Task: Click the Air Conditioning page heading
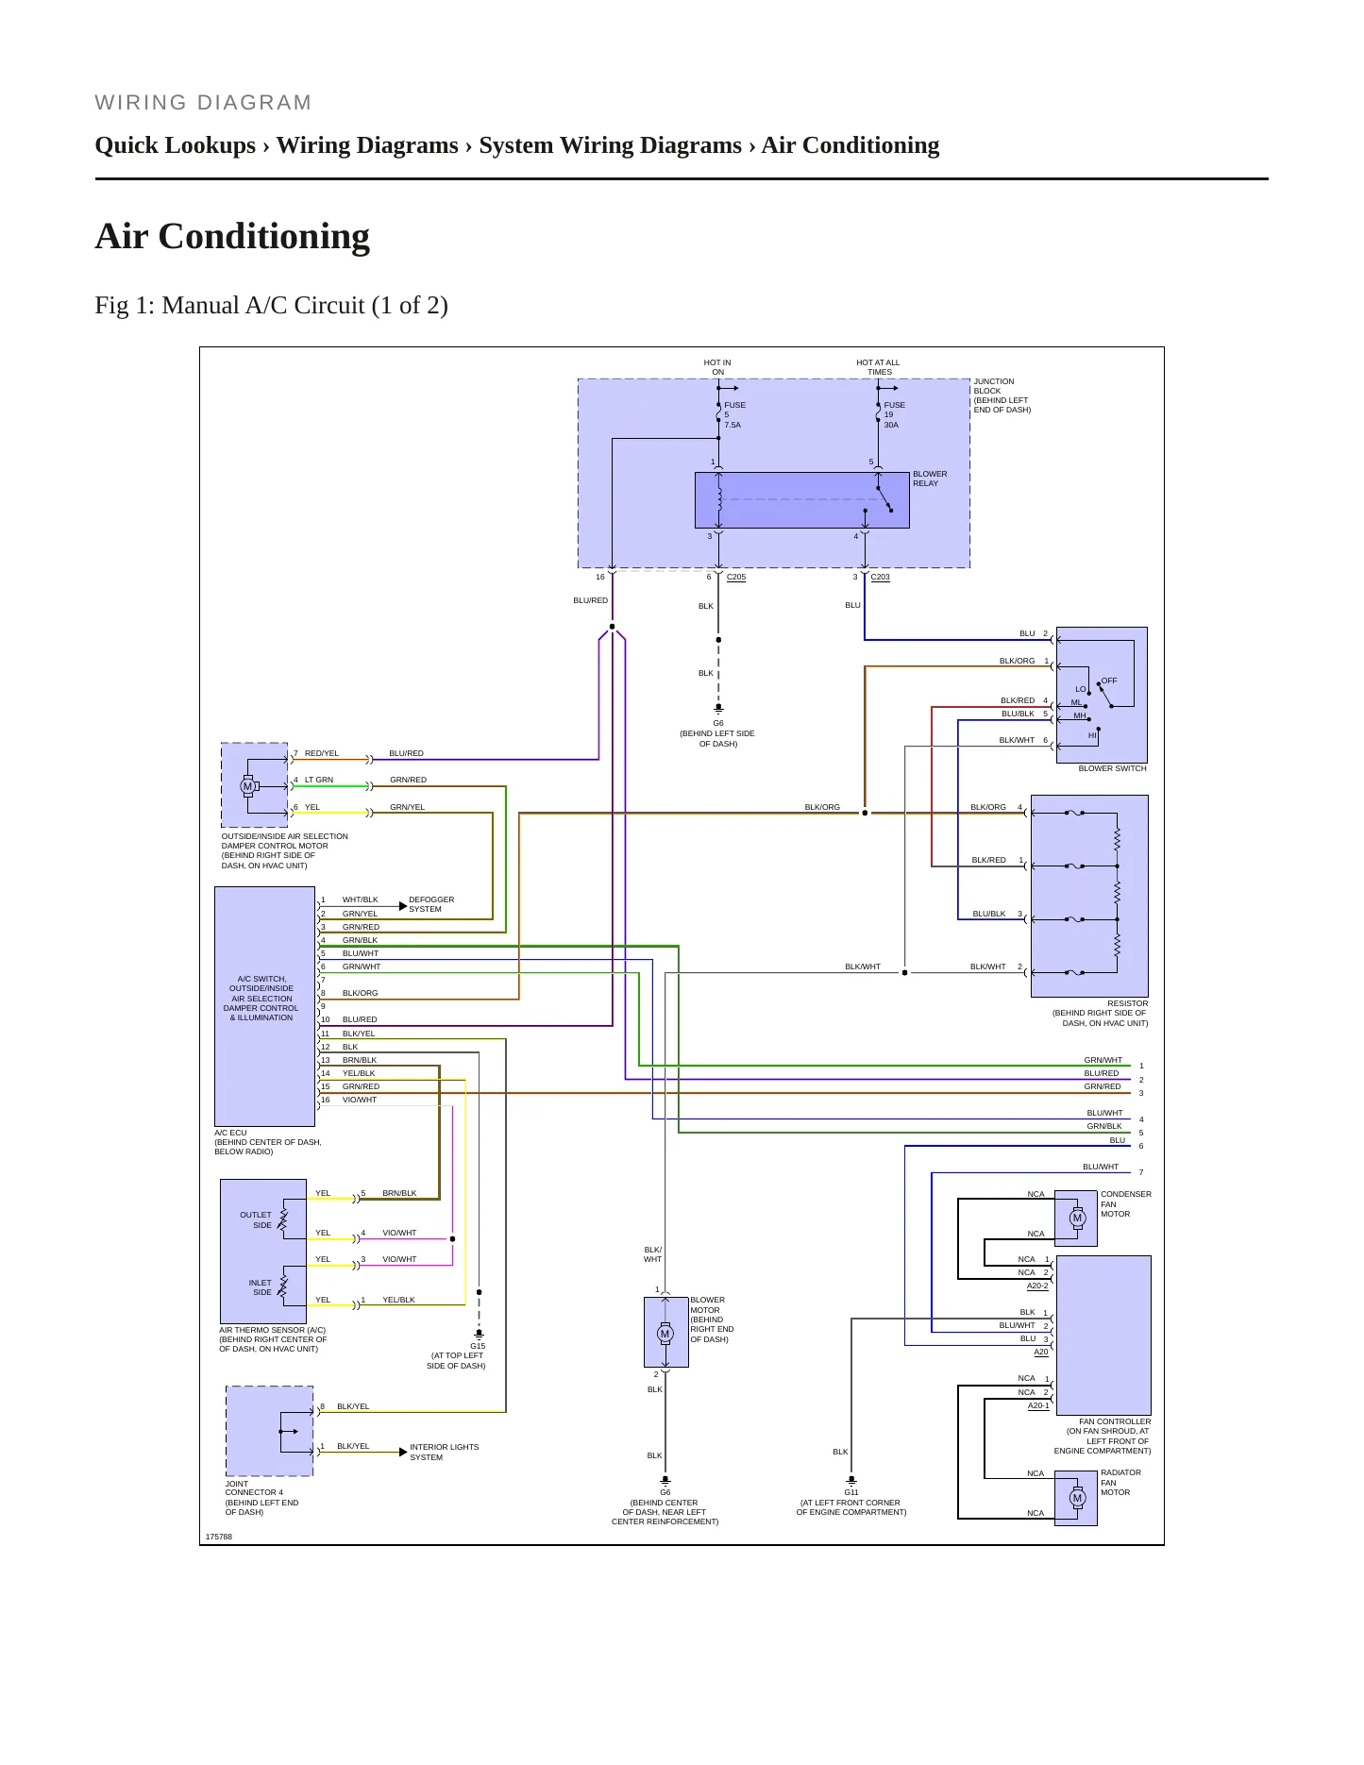[x=232, y=236]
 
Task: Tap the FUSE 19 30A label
[x=894, y=415]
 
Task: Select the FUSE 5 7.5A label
[x=734, y=415]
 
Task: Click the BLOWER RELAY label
[x=930, y=479]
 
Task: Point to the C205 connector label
[x=736, y=577]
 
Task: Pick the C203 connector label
[x=880, y=577]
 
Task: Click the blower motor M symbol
[x=665, y=1334]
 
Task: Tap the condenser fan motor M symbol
[x=1077, y=1218]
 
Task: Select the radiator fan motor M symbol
[x=1077, y=1498]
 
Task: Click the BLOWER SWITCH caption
[x=1113, y=768]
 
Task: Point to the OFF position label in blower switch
[x=1109, y=681]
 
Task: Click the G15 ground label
[x=478, y=1346]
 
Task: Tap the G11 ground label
[x=851, y=1492]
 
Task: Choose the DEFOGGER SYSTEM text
[x=431, y=904]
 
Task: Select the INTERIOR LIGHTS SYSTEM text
[x=444, y=1452]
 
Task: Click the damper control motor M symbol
[x=248, y=786]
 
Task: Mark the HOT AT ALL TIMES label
[x=878, y=367]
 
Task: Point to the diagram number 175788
[x=219, y=1537]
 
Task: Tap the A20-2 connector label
[x=1037, y=1286]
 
